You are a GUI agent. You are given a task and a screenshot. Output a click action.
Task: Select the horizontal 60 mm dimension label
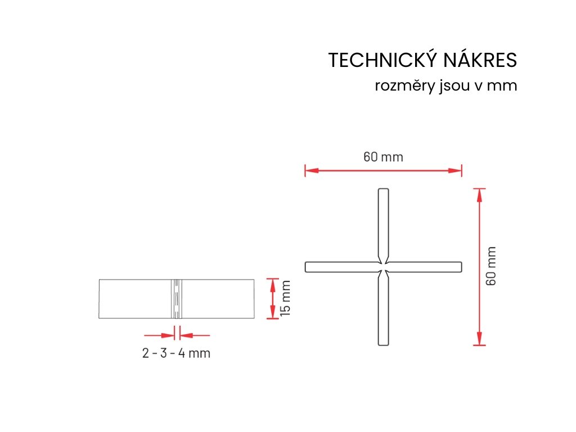click(x=383, y=157)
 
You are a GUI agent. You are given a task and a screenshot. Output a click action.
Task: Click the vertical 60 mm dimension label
click(x=492, y=266)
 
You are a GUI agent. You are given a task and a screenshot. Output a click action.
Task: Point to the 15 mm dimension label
click(x=286, y=299)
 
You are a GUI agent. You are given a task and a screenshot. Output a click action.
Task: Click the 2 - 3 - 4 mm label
click(x=176, y=353)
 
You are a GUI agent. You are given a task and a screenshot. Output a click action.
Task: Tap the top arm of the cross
click(x=383, y=222)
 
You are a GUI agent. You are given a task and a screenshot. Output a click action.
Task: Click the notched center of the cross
click(x=383, y=267)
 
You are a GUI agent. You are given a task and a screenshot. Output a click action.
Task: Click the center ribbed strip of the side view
click(x=177, y=299)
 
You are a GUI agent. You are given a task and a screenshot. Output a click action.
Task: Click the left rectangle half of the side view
click(x=136, y=299)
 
